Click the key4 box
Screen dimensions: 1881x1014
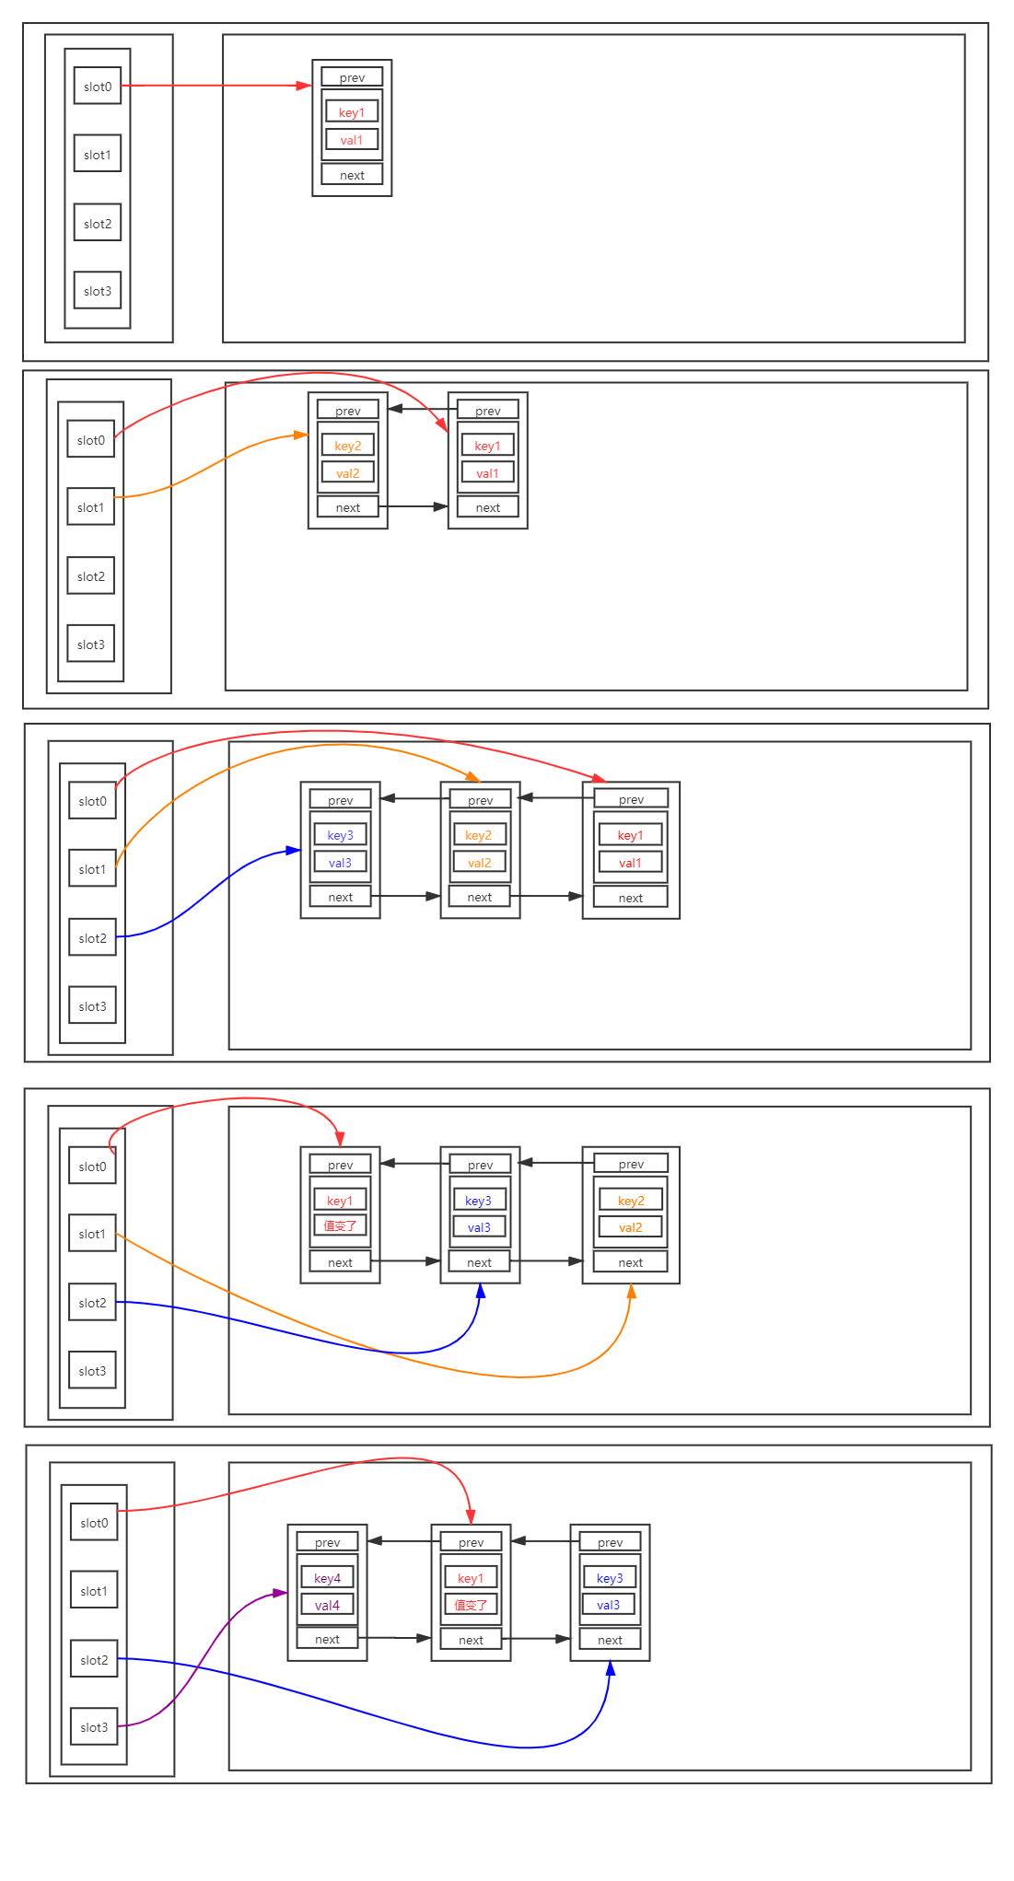point(327,1578)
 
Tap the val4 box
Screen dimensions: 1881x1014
point(327,1605)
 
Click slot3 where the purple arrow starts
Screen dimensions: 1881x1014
point(94,1727)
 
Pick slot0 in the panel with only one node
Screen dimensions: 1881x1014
point(98,87)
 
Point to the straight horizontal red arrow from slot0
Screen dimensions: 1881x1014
point(216,86)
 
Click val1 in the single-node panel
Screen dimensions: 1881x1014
point(352,140)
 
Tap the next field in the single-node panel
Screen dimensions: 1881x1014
point(352,175)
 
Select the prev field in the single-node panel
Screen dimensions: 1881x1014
point(352,77)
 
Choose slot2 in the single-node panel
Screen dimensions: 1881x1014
point(98,224)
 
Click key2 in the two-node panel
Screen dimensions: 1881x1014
point(348,446)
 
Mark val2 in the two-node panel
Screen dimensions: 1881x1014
point(348,473)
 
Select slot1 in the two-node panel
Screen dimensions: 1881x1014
point(91,507)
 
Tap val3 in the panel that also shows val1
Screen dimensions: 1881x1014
point(340,863)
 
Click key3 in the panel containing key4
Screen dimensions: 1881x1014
point(610,1578)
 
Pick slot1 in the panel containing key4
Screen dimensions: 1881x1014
point(94,1591)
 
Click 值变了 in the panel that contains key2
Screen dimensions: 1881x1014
point(340,1226)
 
